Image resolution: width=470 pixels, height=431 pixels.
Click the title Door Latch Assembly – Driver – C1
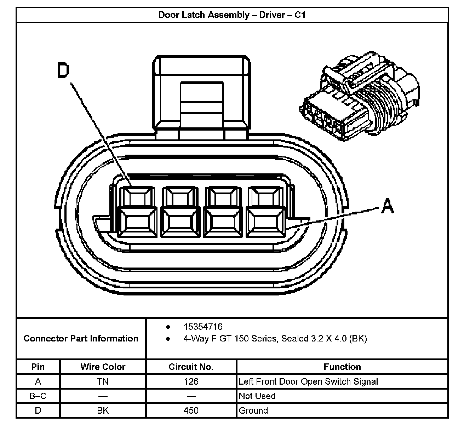[232, 15]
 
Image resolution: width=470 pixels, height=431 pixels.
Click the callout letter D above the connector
[64, 70]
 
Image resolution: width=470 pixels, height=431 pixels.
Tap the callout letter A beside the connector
[388, 206]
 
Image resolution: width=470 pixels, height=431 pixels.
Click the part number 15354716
[203, 327]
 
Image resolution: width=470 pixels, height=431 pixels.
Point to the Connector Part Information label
[81, 339]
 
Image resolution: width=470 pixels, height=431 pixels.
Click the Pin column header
[38, 367]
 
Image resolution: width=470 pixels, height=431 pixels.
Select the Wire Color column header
[103, 367]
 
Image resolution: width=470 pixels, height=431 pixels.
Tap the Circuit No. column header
[191, 367]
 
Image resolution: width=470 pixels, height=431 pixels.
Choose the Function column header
[342, 367]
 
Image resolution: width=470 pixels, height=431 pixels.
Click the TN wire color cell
[103, 381]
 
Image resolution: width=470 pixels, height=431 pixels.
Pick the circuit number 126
[191, 381]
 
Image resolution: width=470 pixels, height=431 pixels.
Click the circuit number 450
[191, 410]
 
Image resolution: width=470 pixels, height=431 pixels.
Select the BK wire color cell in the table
[103, 410]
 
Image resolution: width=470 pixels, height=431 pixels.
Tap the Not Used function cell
[257, 396]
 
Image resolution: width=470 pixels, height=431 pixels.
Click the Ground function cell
[253, 410]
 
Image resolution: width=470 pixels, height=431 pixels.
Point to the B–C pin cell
[38, 396]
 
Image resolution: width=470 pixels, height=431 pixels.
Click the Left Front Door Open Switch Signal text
[308, 381]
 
